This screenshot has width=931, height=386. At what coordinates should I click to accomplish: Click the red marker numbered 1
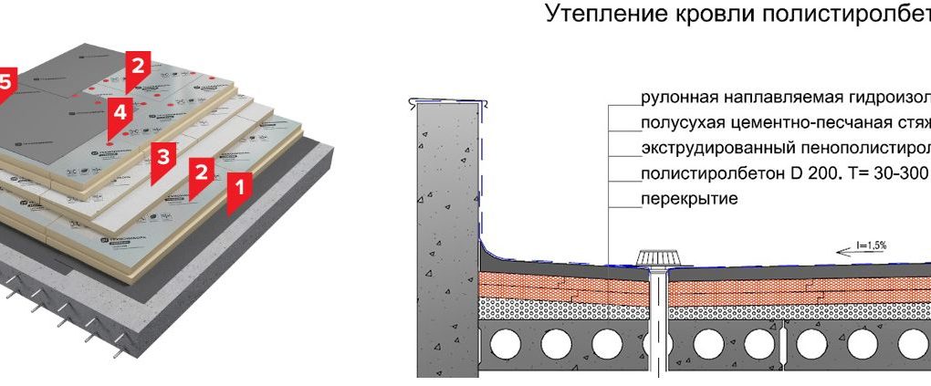point(239,189)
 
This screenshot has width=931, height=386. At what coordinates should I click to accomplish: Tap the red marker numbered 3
point(162,157)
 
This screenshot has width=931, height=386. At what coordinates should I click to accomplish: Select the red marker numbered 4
point(120,113)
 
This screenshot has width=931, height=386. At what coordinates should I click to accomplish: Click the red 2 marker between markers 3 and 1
point(201,171)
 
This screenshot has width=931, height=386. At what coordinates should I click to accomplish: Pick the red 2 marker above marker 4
point(137,67)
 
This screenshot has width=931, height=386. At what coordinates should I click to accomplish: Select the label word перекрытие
point(688,198)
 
